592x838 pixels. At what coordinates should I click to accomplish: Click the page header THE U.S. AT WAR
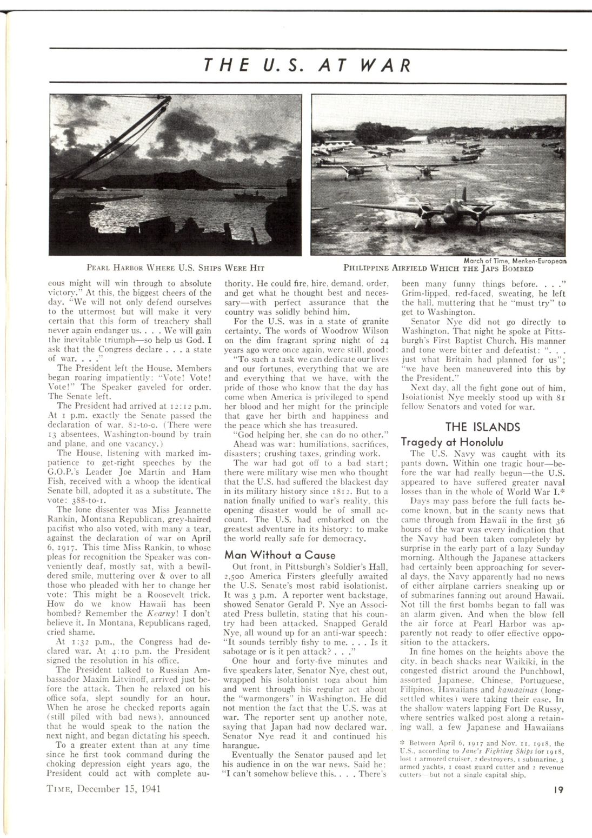pyautogui.click(x=307, y=65)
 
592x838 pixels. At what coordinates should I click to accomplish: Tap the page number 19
pyautogui.click(x=560, y=789)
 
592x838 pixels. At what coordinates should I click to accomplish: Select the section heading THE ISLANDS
pyautogui.click(x=482, y=427)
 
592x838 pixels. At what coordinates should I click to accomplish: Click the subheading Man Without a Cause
pyautogui.click(x=280, y=555)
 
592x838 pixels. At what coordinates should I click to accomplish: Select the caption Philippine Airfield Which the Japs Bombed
pyautogui.click(x=438, y=268)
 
